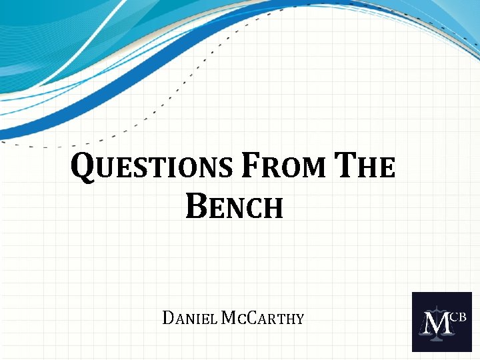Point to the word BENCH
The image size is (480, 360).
[235, 207]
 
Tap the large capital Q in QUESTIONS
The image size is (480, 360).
[81, 167]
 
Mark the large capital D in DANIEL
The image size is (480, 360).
[167, 318]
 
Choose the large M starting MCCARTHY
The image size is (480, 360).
[227, 318]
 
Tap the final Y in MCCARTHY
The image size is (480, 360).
[299, 319]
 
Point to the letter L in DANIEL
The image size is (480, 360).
[211, 319]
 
